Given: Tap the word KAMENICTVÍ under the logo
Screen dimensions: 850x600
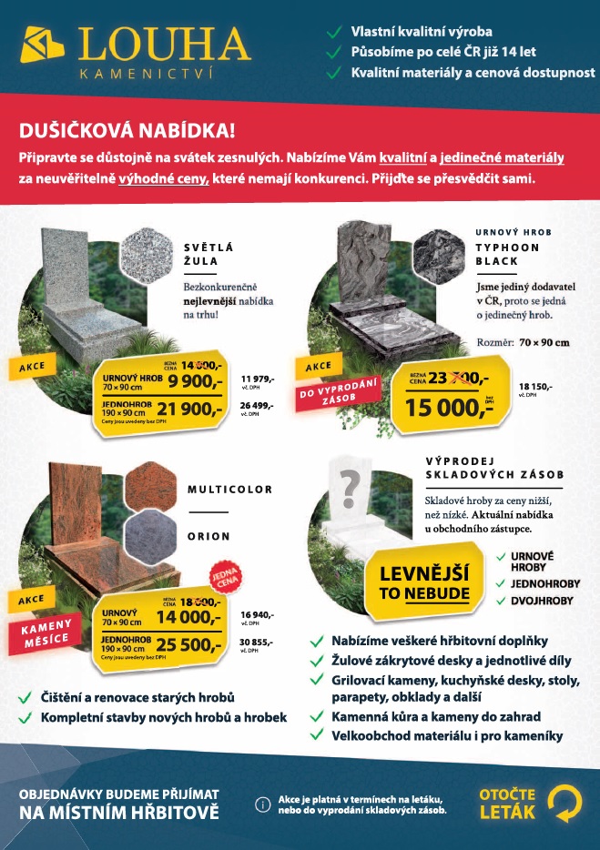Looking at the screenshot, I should click(147, 74).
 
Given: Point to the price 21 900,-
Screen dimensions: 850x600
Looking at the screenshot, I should click(189, 409).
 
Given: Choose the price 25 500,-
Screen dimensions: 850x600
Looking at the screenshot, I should click(189, 645).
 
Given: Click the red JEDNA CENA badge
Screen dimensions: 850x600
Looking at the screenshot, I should click(223, 575).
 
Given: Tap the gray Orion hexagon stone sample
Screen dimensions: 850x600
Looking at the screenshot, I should click(150, 536).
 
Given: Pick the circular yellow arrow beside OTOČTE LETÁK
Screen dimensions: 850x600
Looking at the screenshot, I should click(564, 802).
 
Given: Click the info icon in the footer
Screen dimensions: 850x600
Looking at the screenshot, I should click(263, 804).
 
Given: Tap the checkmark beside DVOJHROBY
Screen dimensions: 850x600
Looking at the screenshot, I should click(502, 601).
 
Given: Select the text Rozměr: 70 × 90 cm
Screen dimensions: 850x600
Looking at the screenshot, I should click(524, 342).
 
